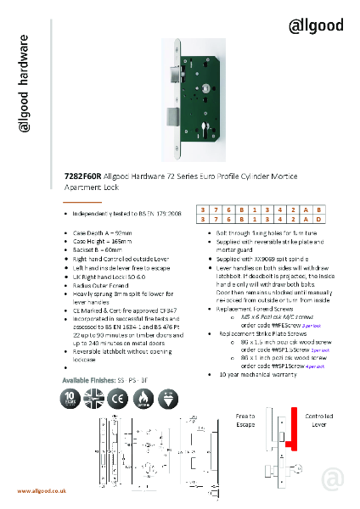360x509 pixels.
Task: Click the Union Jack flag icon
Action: pos(93,400)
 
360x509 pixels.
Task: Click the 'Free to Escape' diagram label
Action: pos(246,420)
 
